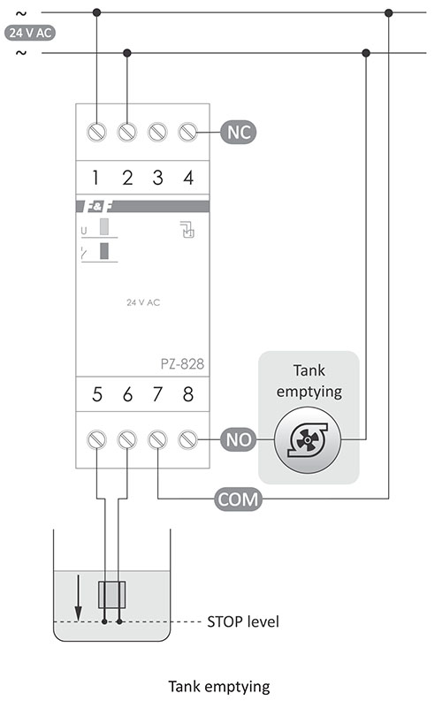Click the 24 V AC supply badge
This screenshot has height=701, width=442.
pyautogui.click(x=30, y=33)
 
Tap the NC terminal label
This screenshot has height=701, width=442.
pyautogui.click(x=238, y=133)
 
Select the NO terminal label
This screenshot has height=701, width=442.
pyautogui.click(x=238, y=440)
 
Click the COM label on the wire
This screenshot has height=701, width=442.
pyautogui.click(x=238, y=499)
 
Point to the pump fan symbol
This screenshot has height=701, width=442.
pyautogui.click(x=308, y=440)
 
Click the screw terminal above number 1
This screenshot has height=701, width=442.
pyautogui.click(x=96, y=133)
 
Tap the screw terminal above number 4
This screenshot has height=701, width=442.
pyautogui.click(x=187, y=133)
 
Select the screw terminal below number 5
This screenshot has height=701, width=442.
pyautogui.click(x=96, y=440)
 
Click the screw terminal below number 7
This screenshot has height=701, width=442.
pyautogui.click(x=157, y=440)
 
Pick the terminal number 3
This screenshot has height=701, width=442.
pyautogui.click(x=157, y=178)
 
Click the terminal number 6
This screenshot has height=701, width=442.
pyautogui.click(x=127, y=394)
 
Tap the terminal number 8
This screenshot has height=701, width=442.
pyautogui.click(x=188, y=394)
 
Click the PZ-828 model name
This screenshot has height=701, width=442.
pyautogui.click(x=182, y=364)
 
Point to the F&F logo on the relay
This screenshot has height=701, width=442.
pyautogui.click(x=95, y=207)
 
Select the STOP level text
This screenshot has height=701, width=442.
pyautogui.click(x=243, y=621)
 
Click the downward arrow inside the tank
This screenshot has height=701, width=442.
pyautogui.click(x=78, y=598)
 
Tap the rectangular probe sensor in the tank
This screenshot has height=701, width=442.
pyautogui.click(x=111, y=595)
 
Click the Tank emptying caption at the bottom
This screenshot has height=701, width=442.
pyautogui.click(x=219, y=686)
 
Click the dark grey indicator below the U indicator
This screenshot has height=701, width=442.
pyautogui.click(x=104, y=251)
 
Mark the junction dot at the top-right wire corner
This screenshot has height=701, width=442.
pyautogui.click(x=388, y=13)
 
